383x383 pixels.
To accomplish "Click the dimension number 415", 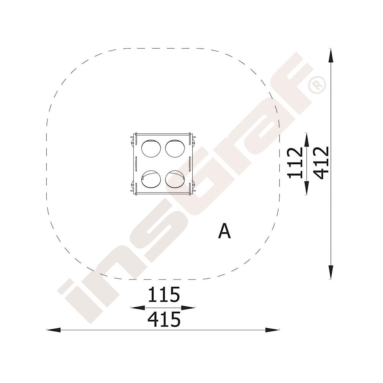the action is (164, 319).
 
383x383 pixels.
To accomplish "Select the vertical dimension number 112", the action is (295, 163).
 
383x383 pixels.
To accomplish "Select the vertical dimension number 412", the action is (321, 163).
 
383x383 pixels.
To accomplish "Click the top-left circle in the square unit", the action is (151, 149).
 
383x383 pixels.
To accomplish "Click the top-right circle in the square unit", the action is (175, 149).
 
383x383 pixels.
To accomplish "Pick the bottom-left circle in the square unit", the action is (151, 179).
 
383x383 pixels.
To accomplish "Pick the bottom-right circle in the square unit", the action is (175, 179).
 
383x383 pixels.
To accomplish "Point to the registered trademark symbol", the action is (317, 85).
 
